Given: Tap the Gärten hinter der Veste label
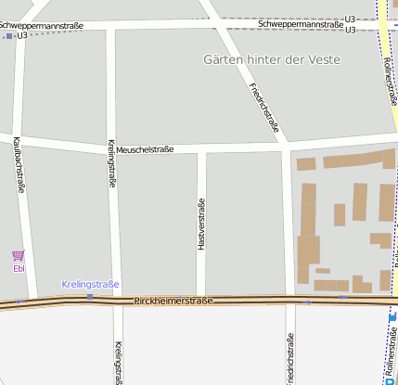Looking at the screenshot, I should point(271,59).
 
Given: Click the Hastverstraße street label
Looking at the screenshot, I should point(200,225).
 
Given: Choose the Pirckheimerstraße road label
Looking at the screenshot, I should point(173,301).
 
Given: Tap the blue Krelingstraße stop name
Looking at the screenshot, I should point(90,284).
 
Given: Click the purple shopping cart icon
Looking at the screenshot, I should point(19,255).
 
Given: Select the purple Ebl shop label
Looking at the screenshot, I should point(19,268).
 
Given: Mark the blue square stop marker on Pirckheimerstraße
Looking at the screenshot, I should point(90,297).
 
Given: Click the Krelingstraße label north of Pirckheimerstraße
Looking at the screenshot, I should point(111,164).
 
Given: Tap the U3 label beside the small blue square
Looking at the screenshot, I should point(21,35).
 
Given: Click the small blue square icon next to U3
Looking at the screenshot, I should point(9,35).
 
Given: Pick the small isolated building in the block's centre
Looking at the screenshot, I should point(340,214).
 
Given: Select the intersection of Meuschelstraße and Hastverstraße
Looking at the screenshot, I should point(200,148).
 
